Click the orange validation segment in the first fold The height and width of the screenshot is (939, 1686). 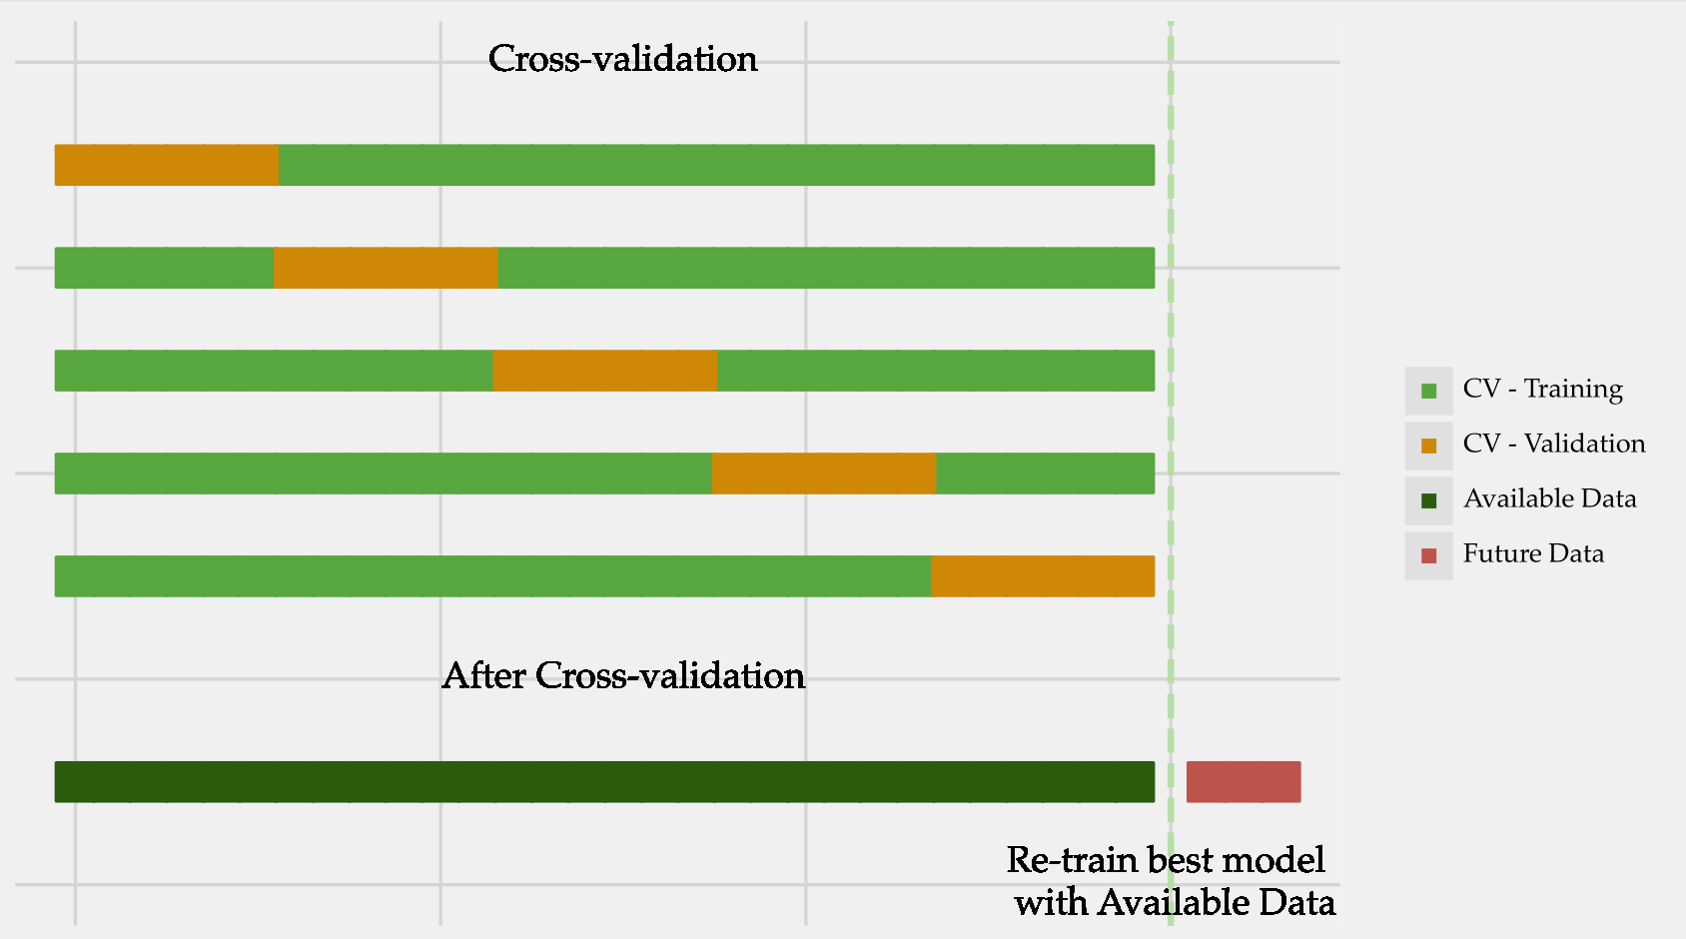(167, 165)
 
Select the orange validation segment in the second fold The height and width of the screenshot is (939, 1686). (386, 268)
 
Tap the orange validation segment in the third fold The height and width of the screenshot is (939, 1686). (604, 371)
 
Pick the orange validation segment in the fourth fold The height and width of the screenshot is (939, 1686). (824, 473)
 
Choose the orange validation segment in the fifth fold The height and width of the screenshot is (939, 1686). (1043, 576)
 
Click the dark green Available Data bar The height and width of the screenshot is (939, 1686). (604, 782)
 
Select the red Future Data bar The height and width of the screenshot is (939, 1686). (1244, 782)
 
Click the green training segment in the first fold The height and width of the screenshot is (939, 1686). (716, 165)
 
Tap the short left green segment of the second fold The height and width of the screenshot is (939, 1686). (164, 268)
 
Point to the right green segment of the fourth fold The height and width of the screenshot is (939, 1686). (1045, 473)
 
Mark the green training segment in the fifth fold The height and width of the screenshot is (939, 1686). (492, 576)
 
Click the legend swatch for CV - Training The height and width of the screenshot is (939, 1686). (1428, 391)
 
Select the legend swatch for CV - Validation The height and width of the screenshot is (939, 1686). (1428, 446)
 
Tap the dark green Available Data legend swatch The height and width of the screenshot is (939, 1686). (1428, 500)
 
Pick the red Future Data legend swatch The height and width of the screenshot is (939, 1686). (1428, 555)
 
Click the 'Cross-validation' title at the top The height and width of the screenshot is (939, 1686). (622, 59)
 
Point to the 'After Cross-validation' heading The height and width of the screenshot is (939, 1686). (623, 676)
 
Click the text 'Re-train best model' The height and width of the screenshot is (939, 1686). (1166, 860)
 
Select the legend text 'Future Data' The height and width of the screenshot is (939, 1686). (1533, 553)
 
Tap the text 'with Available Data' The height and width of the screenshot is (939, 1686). (1175, 903)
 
